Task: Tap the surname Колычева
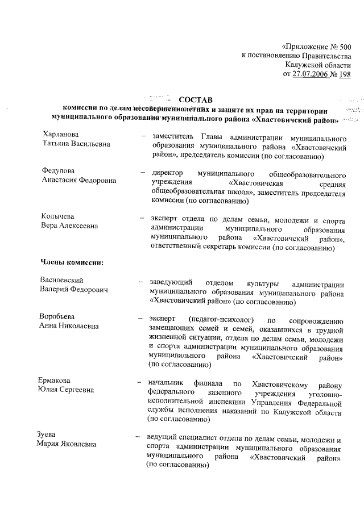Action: [x=58, y=216]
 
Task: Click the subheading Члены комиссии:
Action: [x=71, y=262]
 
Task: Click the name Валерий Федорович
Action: [x=73, y=290]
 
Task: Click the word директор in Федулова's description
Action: [x=168, y=170]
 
